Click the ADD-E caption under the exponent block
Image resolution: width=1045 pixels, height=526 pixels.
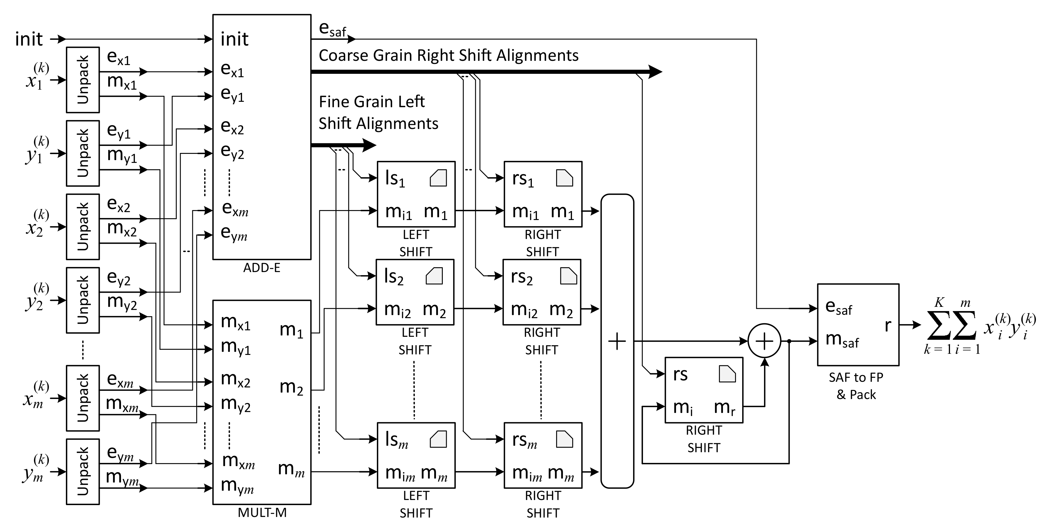(x=262, y=268)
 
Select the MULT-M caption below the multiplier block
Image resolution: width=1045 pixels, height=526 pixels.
(x=262, y=513)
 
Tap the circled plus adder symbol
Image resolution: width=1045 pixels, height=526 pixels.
(x=764, y=341)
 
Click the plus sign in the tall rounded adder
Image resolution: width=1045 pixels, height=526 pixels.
(x=617, y=341)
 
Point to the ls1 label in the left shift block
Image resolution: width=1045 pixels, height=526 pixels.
(x=395, y=178)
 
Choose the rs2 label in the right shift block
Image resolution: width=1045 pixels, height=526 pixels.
(x=521, y=277)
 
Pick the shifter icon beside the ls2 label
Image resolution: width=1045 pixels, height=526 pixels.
(x=434, y=276)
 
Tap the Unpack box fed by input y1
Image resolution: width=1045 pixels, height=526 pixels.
(x=83, y=153)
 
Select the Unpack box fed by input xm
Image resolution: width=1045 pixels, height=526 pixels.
(x=83, y=398)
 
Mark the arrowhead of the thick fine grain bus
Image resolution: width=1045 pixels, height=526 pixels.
(x=369, y=145)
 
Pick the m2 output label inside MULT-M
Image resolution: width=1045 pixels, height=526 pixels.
(x=291, y=387)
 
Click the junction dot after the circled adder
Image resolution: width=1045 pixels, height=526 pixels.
(x=789, y=341)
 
